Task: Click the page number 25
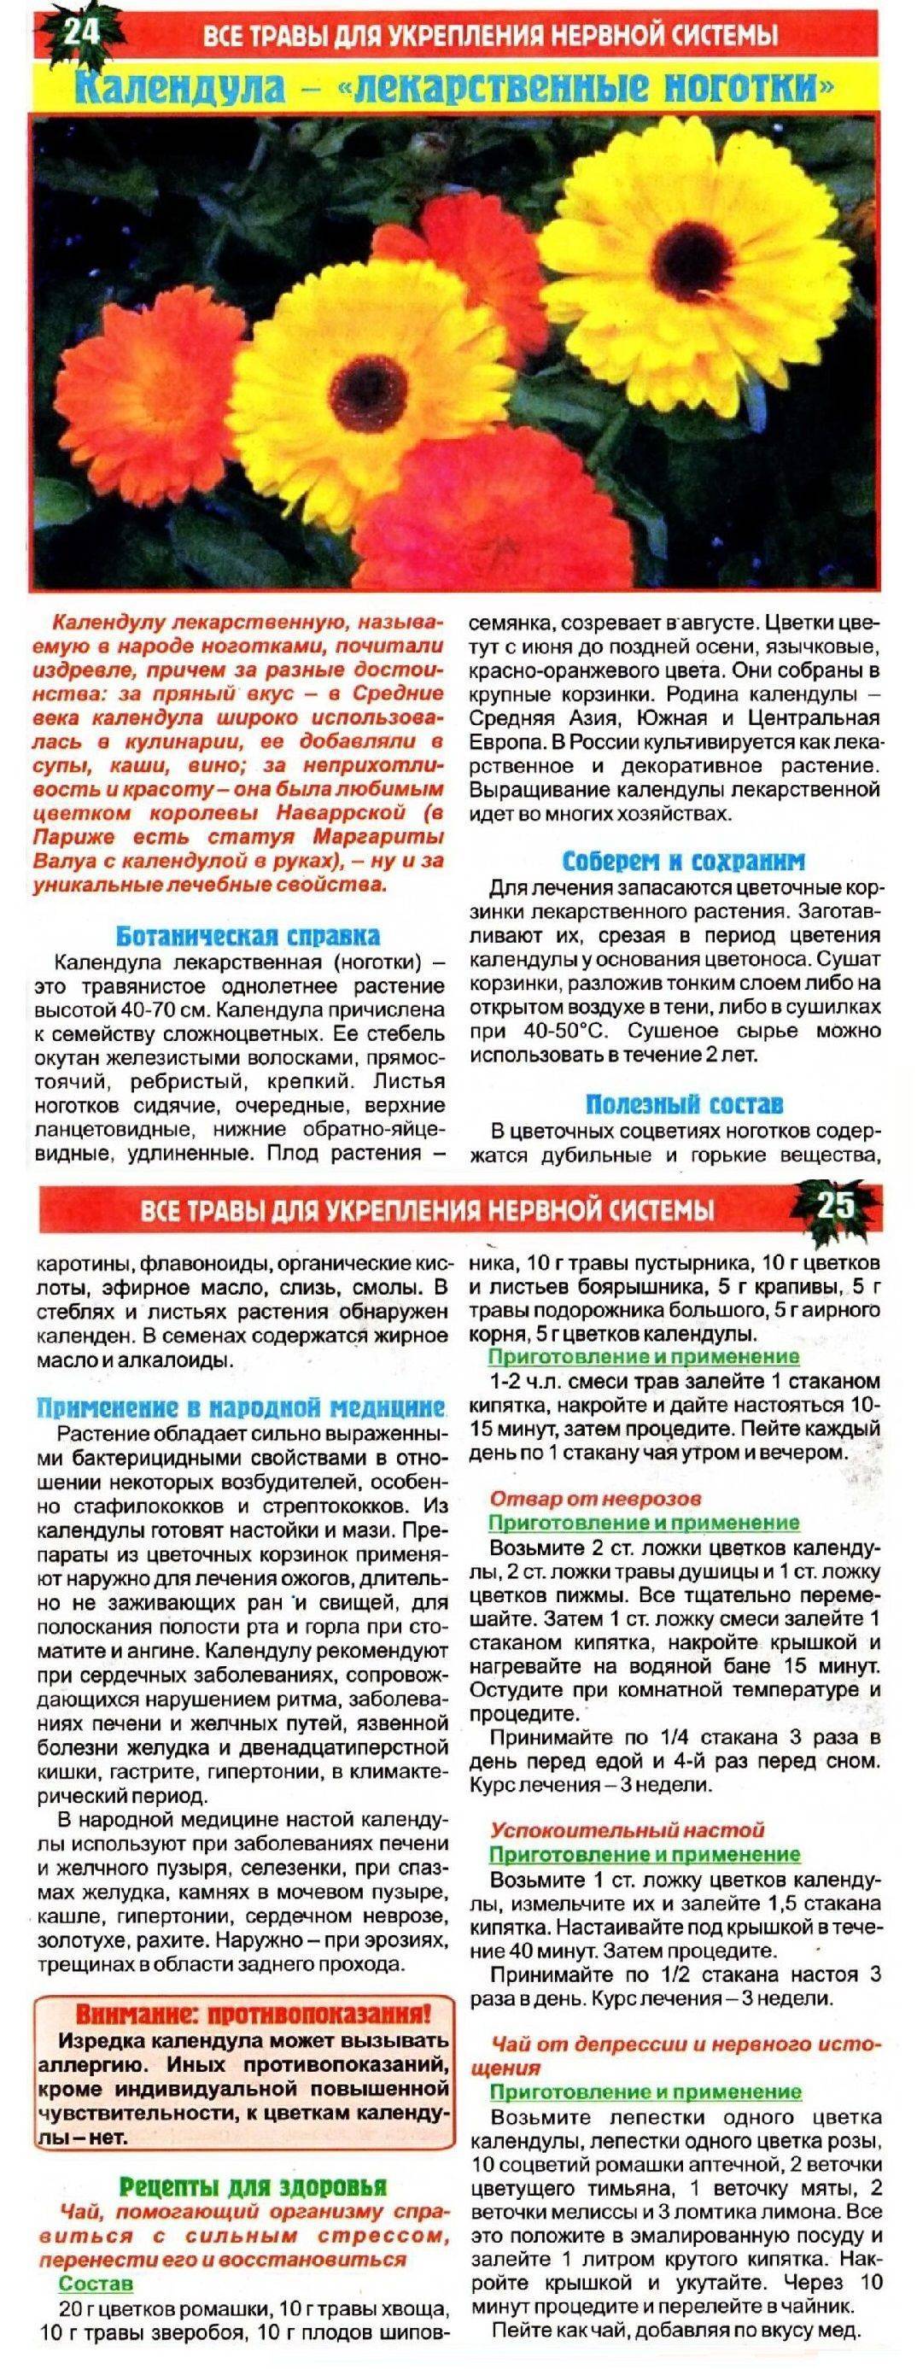click(x=835, y=1205)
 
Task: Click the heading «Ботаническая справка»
click(x=248, y=936)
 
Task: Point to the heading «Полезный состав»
click(x=684, y=1103)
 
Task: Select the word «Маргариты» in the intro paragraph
click(x=377, y=837)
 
